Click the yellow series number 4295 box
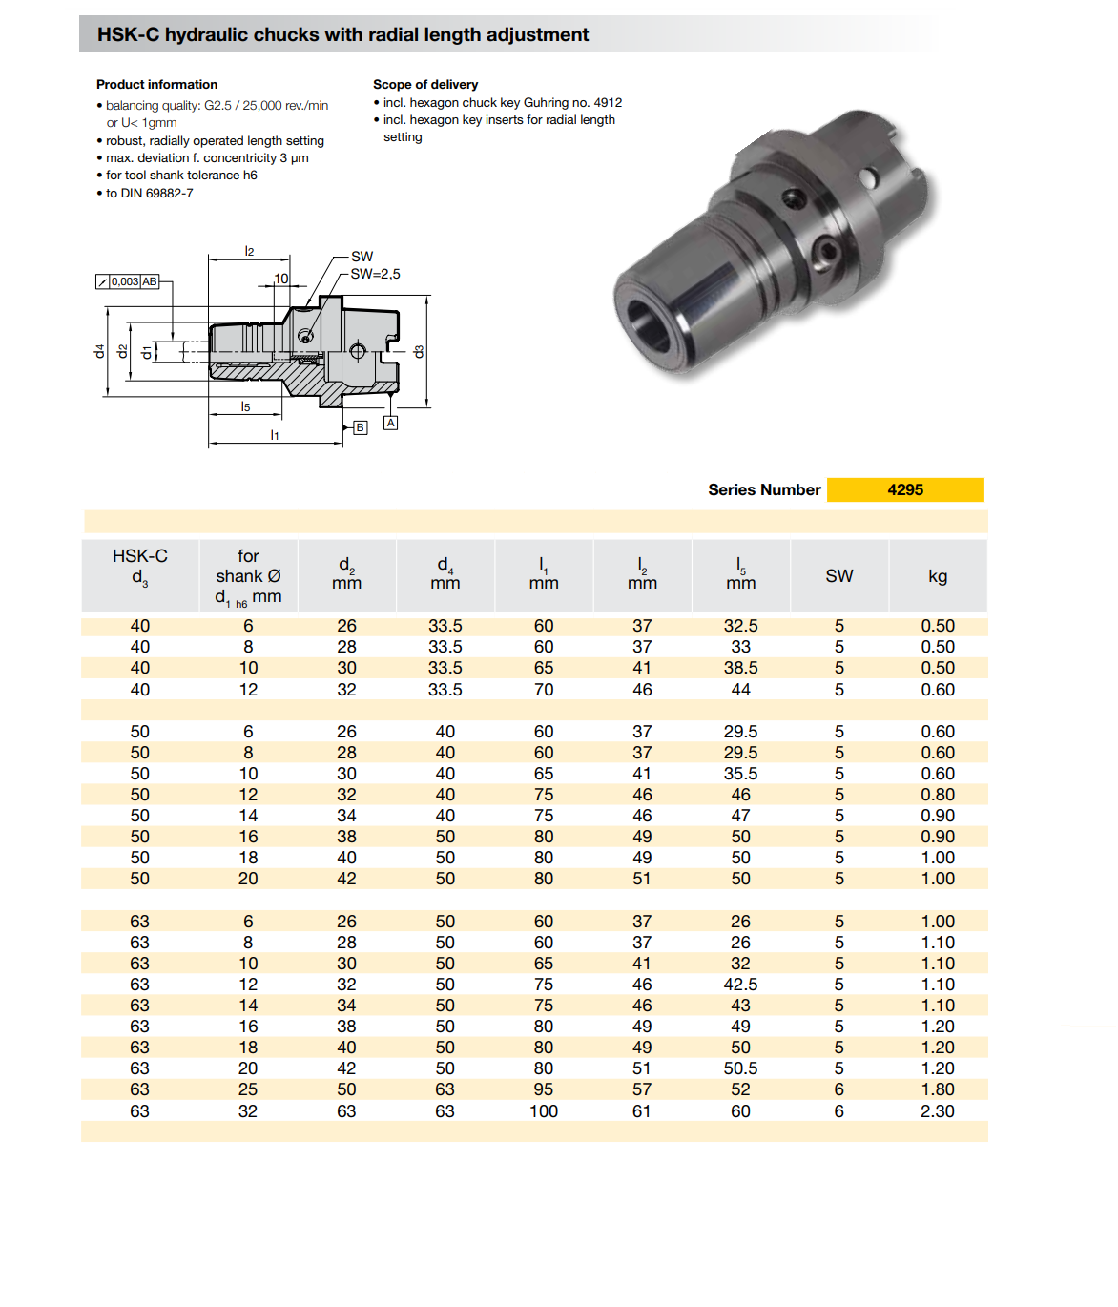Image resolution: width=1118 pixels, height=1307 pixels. click(905, 489)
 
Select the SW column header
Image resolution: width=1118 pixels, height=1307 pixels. click(839, 575)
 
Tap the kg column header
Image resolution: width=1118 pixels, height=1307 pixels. click(937, 576)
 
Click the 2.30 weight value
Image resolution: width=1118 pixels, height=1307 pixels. click(937, 1111)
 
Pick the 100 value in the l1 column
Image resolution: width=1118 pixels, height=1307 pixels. click(543, 1111)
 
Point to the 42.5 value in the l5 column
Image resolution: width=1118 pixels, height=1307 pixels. click(740, 984)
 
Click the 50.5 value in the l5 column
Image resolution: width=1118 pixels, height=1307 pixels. click(740, 1068)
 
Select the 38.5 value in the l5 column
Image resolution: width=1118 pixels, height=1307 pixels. click(740, 668)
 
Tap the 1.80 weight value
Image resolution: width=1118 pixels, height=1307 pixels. click(937, 1089)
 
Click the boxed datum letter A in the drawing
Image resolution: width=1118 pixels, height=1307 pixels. click(391, 423)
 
